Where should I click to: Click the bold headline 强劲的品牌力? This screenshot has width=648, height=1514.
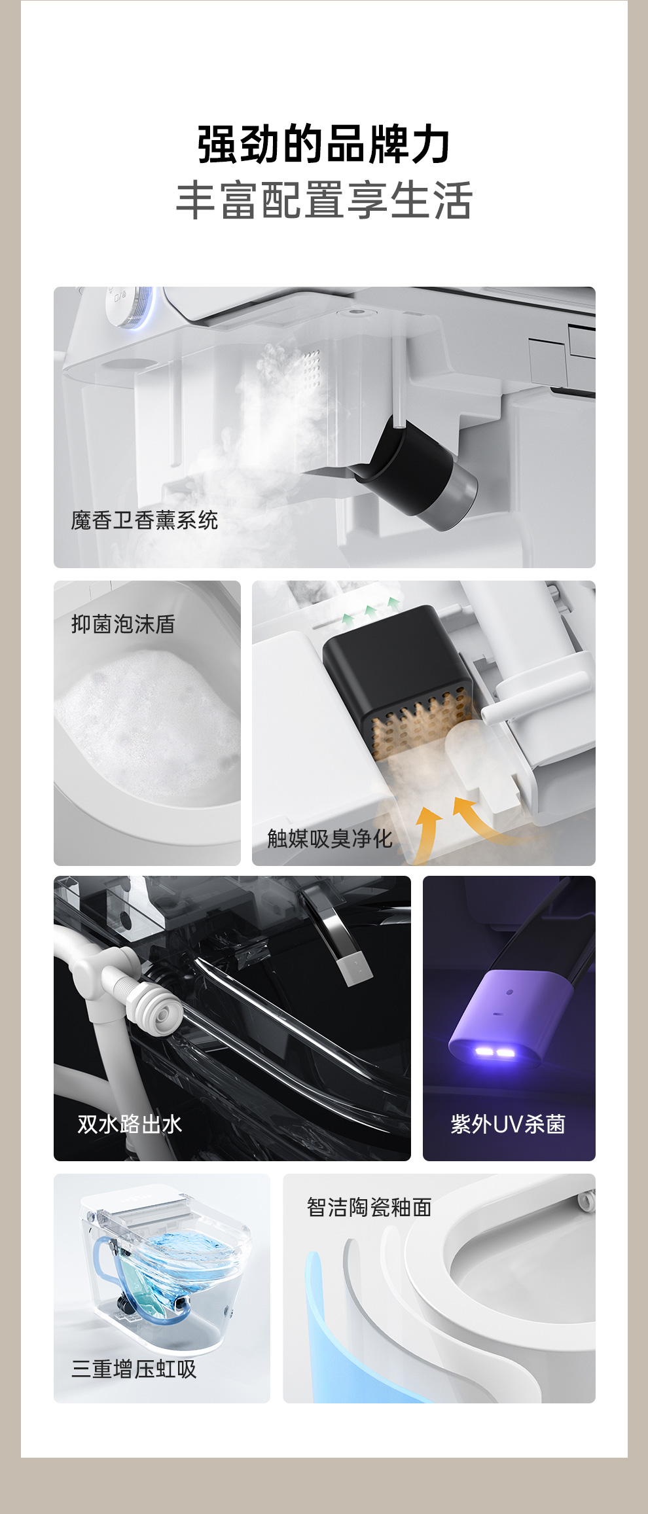click(324, 144)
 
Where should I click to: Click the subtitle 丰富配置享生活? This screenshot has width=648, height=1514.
click(324, 200)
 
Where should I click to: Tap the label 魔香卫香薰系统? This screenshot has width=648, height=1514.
click(145, 520)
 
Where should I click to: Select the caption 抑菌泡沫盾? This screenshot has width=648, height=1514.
click(123, 624)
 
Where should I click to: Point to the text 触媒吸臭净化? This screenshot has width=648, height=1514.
click(330, 838)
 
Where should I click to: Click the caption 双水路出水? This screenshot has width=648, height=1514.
click(130, 1124)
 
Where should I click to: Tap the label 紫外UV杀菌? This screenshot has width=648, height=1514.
click(508, 1124)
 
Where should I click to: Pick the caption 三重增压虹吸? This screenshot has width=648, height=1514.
click(134, 1368)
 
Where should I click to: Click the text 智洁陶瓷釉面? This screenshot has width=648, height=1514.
click(369, 1207)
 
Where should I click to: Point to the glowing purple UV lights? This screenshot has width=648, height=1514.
click(494, 1053)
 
